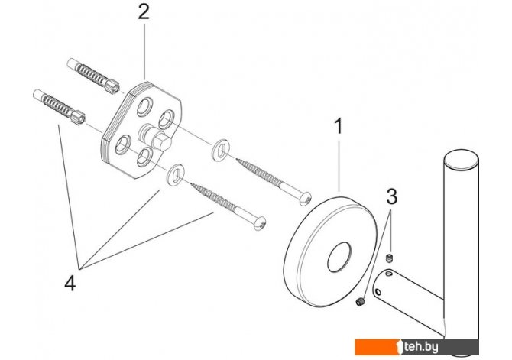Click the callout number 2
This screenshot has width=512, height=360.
pos(144,13)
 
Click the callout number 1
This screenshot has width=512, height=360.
pos(339,126)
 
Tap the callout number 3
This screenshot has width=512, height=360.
pos(392,196)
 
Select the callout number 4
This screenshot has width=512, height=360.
pos(70,283)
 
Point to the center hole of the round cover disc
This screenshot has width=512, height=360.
pos(339,257)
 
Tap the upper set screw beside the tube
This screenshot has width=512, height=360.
pos(389,258)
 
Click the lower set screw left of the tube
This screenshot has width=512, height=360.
pos(359,302)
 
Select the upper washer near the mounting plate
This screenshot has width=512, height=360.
pos(220,150)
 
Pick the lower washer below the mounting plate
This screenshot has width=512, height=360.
pos(176,175)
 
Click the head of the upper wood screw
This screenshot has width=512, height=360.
pos(306,199)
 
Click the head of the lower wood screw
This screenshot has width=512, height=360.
pos(260,223)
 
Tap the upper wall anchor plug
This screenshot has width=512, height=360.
pos(93,76)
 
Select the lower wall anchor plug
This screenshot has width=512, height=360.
pos(59,107)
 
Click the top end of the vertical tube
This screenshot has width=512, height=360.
pos(462,161)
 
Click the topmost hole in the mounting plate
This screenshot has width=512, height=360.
pos(144,107)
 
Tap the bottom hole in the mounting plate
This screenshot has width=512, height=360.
pos(144,157)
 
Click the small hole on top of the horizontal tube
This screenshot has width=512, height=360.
pos(388,272)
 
